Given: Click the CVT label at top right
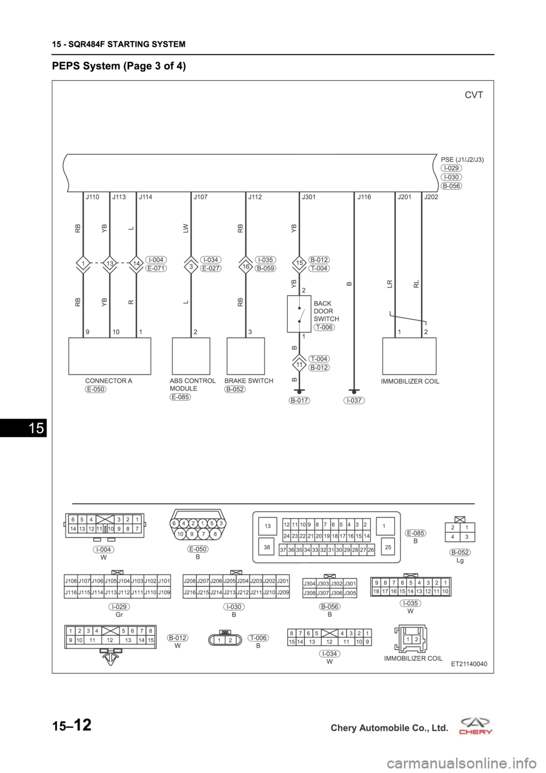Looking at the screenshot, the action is (x=474, y=95).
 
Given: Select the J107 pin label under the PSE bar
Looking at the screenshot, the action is (x=200, y=198).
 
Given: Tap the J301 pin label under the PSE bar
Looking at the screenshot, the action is (x=308, y=198).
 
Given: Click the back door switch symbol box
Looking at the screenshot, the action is (x=299, y=314).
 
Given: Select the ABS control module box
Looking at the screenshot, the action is (x=191, y=356).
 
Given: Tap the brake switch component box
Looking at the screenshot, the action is (x=246, y=356).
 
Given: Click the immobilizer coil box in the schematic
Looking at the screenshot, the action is (x=409, y=356).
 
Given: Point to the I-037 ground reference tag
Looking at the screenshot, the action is (x=354, y=400).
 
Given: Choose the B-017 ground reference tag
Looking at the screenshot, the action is (x=300, y=400).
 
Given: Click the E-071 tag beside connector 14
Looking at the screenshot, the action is (x=156, y=268).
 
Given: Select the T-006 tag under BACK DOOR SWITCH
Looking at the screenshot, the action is (x=324, y=327).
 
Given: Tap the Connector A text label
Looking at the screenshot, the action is (x=109, y=381).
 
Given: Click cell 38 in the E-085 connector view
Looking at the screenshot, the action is (x=267, y=547).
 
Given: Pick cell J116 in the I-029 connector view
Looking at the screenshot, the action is (x=71, y=593).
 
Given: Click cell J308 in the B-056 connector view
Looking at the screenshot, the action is (x=309, y=593).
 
